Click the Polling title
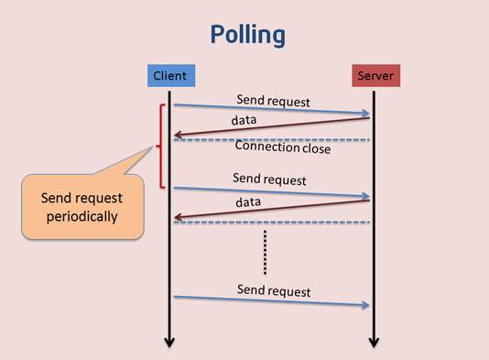click(x=247, y=36)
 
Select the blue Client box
click(x=168, y=76)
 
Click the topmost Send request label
click(x=273, y=100)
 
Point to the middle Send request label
click(x=269, y=180)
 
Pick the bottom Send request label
click(x=274, y=290)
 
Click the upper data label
click(x=244, y=120)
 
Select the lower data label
click(x=248, y=202)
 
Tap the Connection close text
click(x=282, y=147)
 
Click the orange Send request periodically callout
click(x=82, y=207)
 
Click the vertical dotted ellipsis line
click(x=264, y=251)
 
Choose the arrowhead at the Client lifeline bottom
click(x=169, y=343)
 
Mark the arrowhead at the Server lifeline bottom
click(x=373, y=343)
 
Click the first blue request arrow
click(x=270, y=110)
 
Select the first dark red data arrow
click(x=270, y=126)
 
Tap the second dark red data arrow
click(x=270, y=209)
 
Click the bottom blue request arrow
click(x=270, y=301)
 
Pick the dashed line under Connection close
click(x=270, y=139)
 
